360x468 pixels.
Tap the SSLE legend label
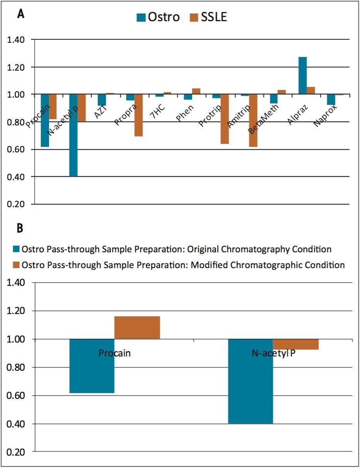(x=212, y=17)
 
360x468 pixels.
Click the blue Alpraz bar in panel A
(x=303, y=76)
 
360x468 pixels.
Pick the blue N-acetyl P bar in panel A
(x=73, y=135)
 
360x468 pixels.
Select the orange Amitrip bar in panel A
(x=253, y=120)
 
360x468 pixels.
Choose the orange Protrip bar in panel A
(x=225, y=119)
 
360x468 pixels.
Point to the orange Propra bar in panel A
(x=139, y=115)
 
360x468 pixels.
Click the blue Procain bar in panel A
(x=45, y=120)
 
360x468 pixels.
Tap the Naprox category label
(x=325, y=117)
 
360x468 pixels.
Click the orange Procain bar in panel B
(x=137, y=328)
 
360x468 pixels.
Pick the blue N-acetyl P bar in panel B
(x=250, y=381)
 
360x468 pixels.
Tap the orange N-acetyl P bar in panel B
(x=296, y=344)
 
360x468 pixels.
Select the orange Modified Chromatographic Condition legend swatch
(x=17, y=265)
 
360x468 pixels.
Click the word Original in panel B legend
(x=203, y=249)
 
